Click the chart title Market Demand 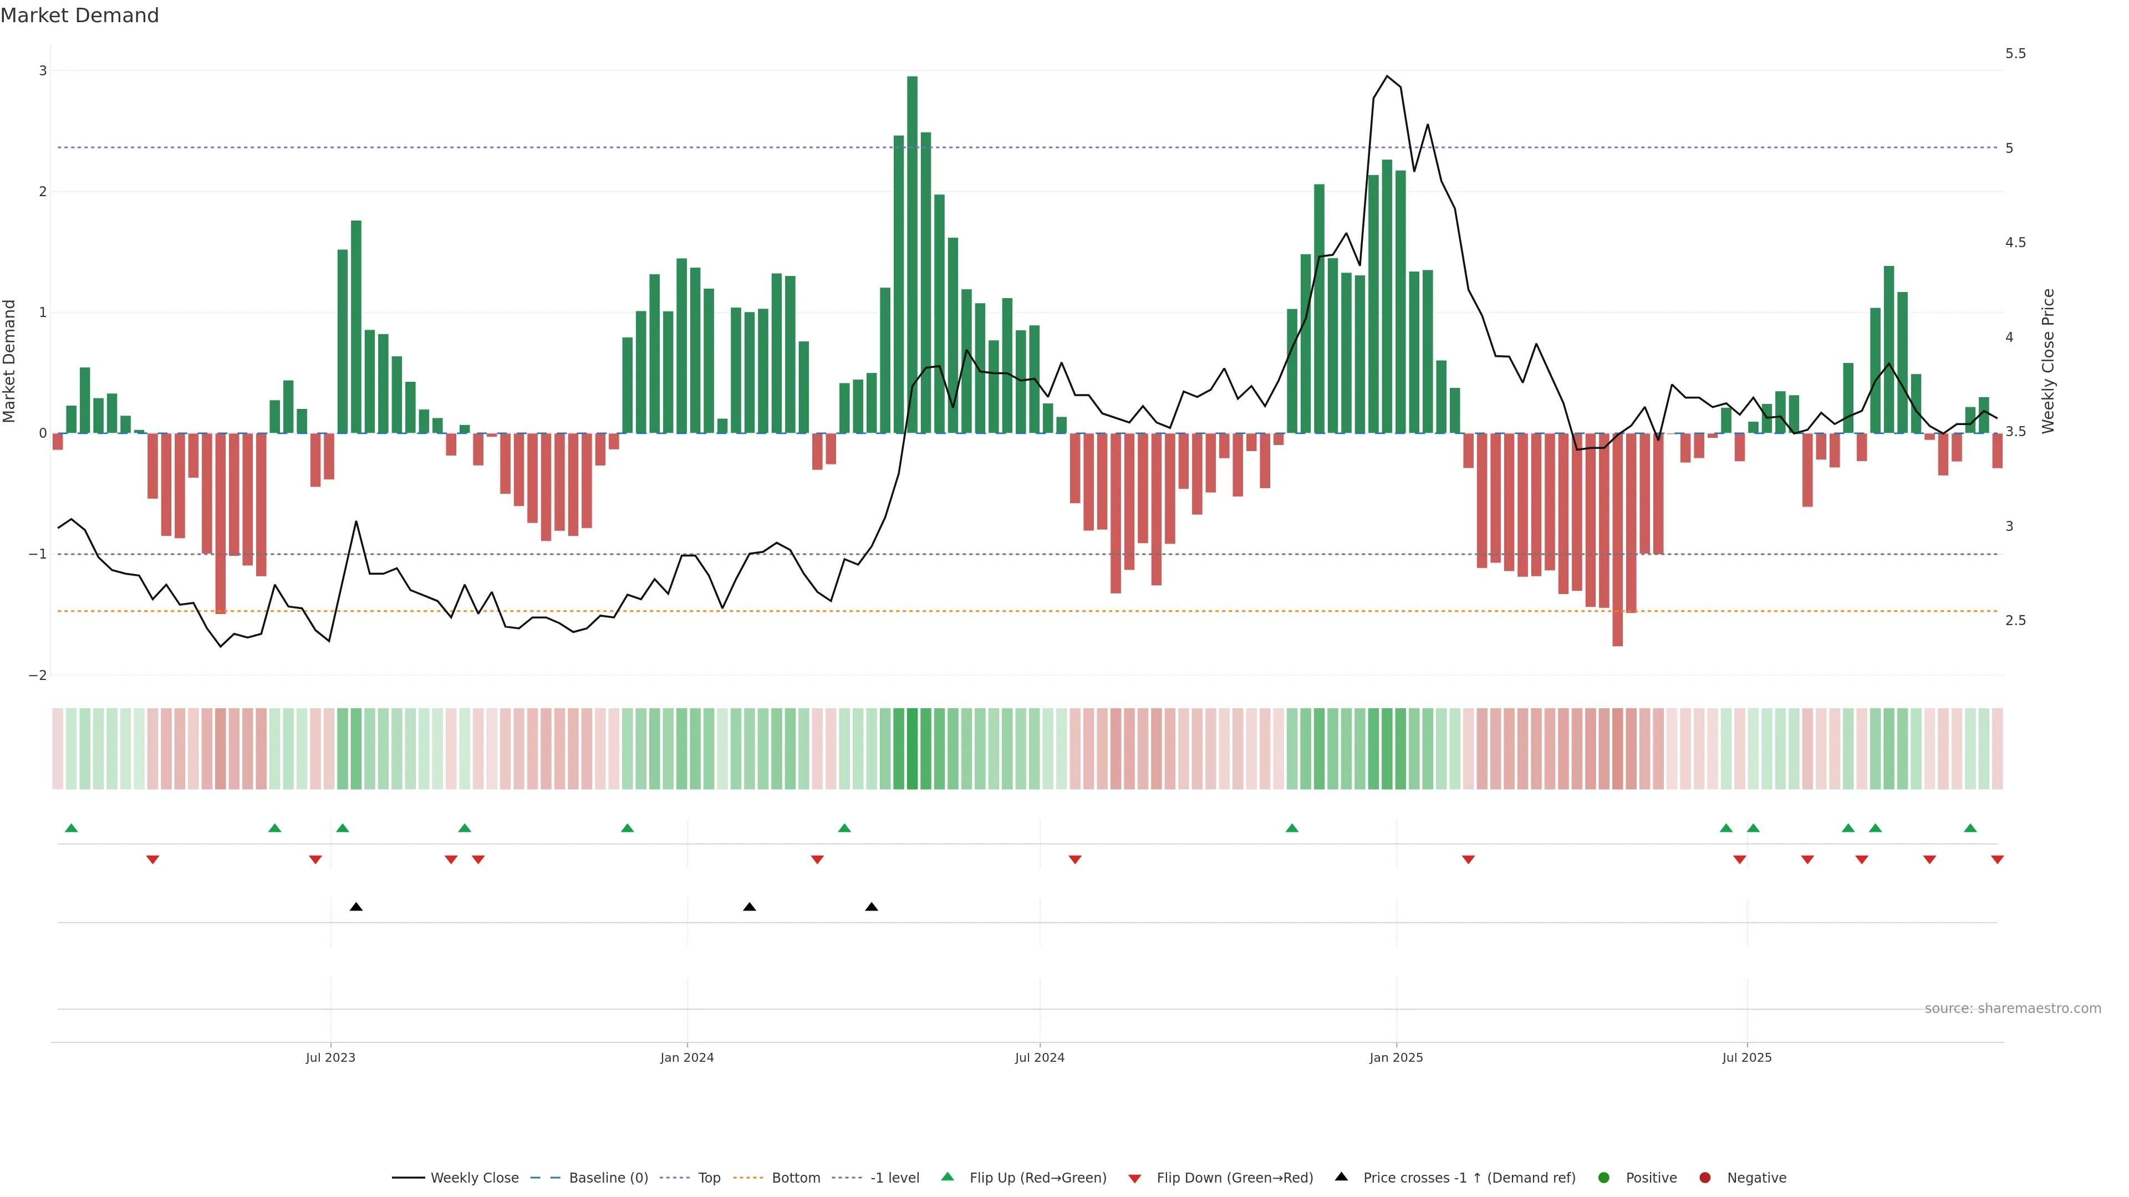click(x=79, y=16)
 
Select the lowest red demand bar click(x=1617, y=539)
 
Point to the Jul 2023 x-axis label click(x=330, y=1057)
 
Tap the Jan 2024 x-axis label click(x=687, y=1057)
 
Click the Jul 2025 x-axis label click(x=1746, y=1057)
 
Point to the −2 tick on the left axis click(x=38, y=675)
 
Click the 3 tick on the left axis click(x=43, y=71)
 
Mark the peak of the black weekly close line click(x=1387, y=76)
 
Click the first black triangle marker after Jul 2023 click(x=356, y=907)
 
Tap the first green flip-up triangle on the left click(x=71, y=828)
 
